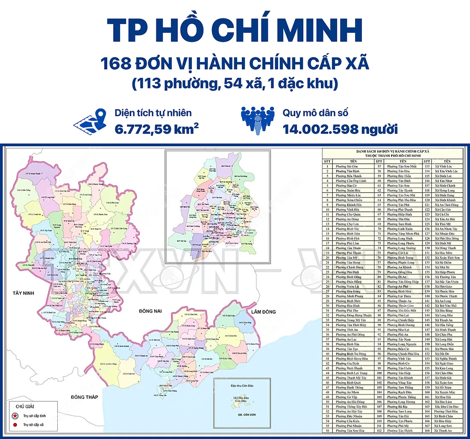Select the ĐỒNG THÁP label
[85, 397]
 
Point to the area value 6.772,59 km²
[156, 129]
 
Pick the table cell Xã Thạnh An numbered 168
[443, 431]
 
